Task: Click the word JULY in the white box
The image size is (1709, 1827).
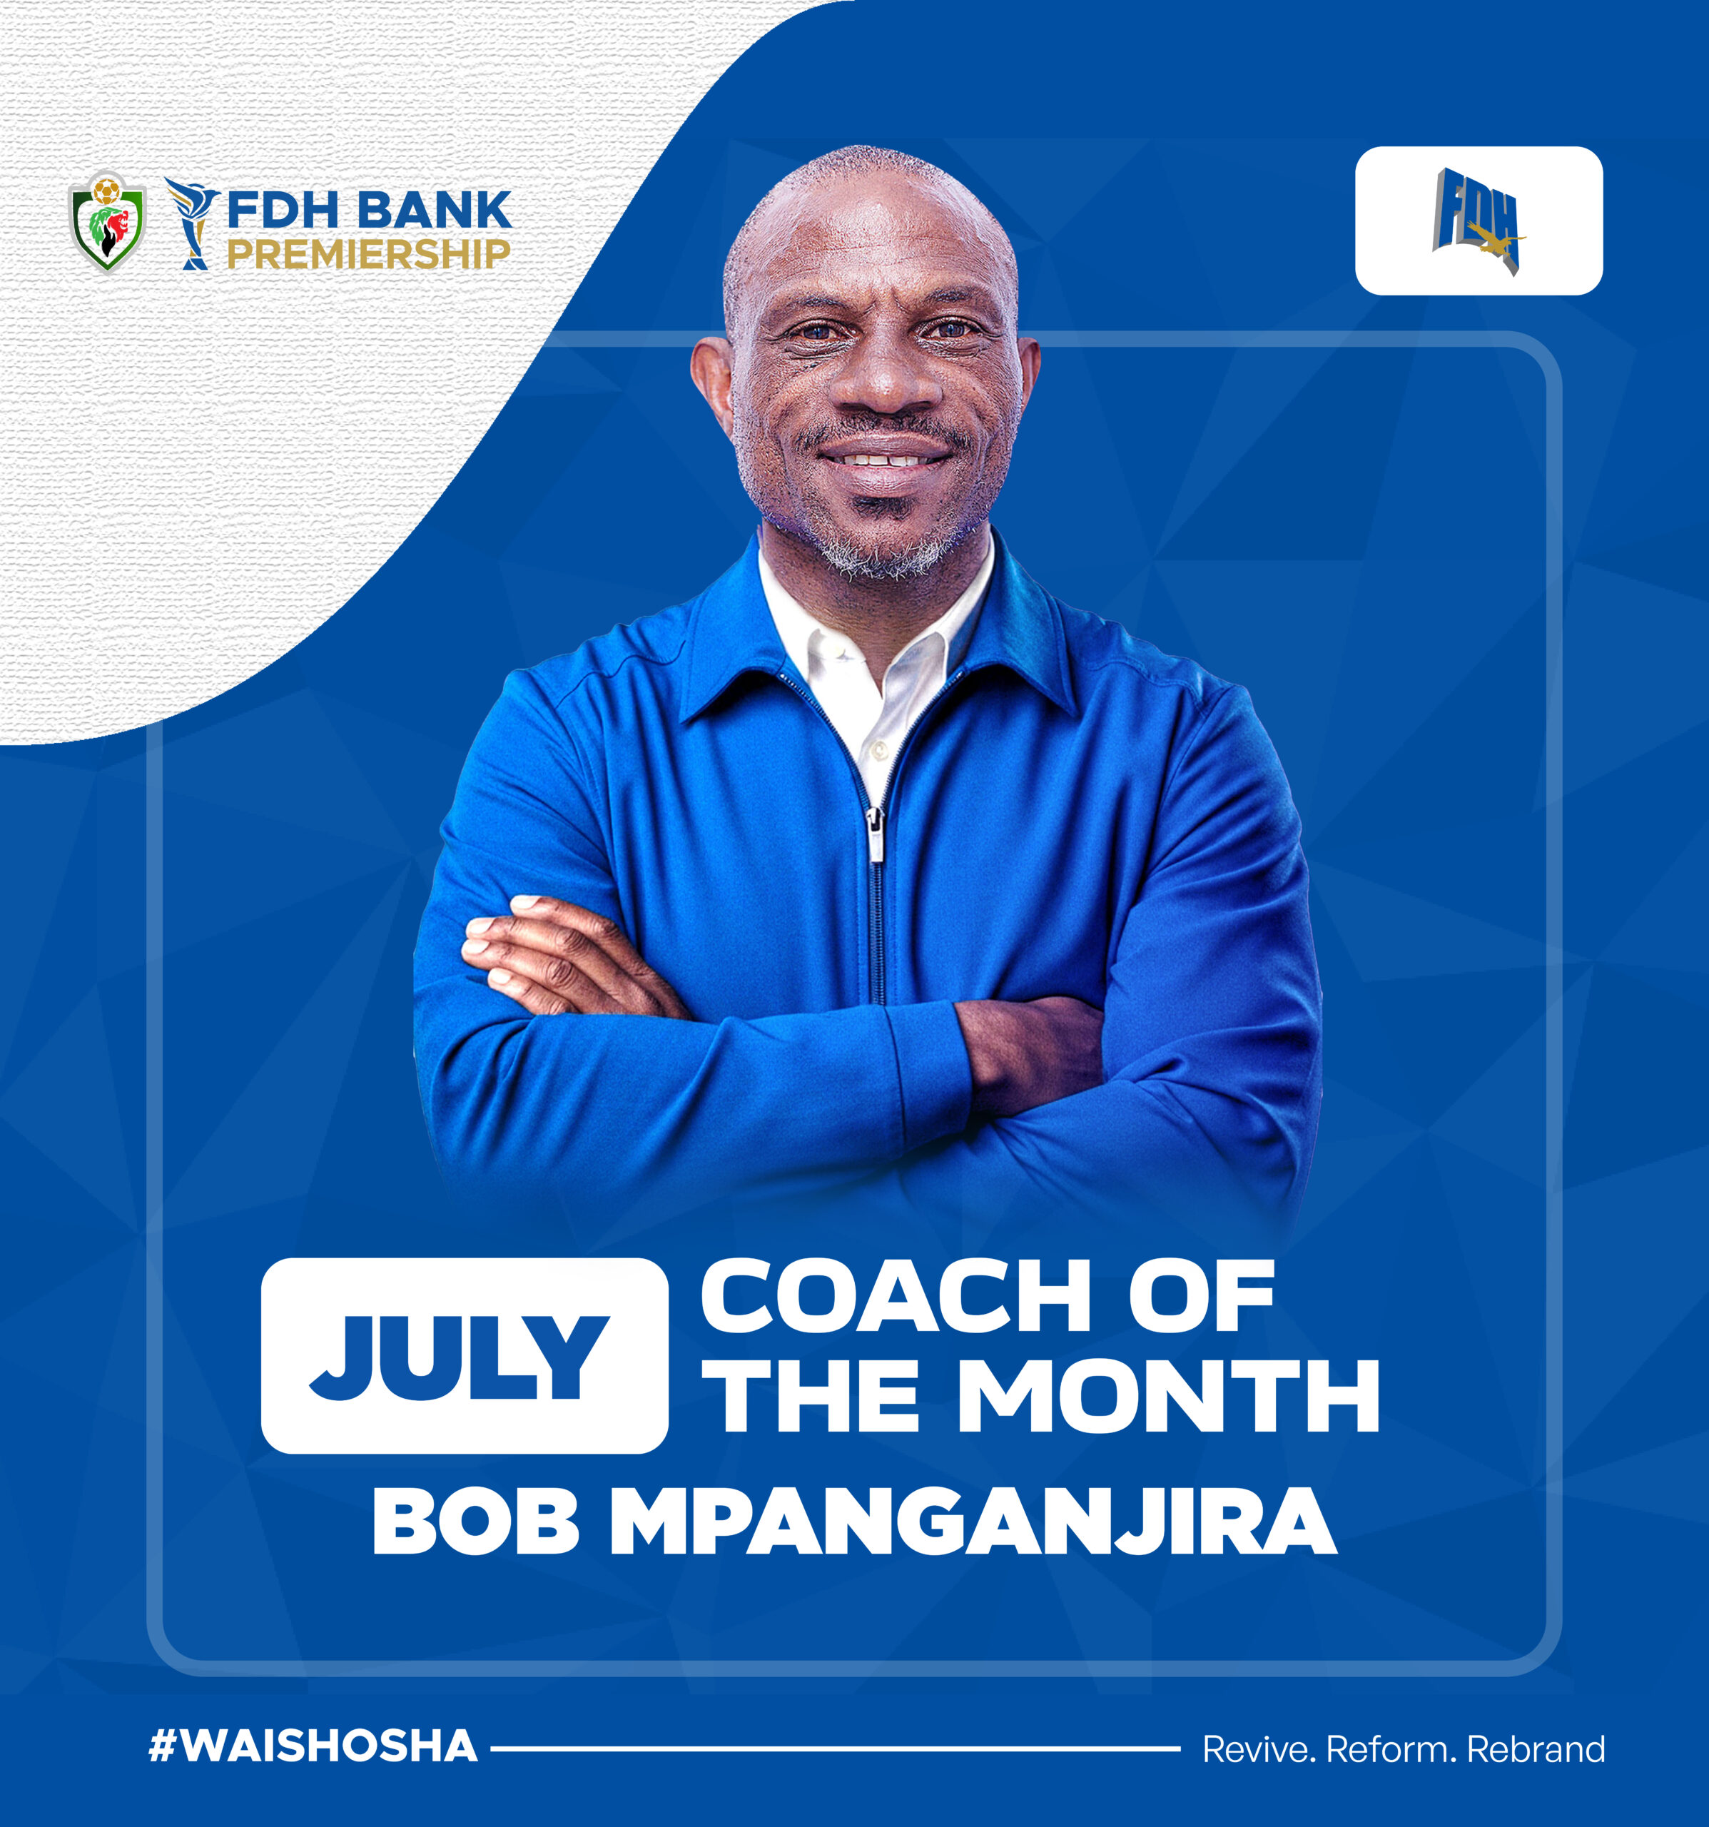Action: (460, 1357)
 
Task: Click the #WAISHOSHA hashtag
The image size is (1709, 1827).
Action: (313, 1746)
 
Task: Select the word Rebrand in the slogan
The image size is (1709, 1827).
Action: (1536, 1749)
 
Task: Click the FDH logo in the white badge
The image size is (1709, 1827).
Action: (1479, 221)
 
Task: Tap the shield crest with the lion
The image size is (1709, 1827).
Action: (108, 221)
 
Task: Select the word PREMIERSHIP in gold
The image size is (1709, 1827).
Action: (368, 253)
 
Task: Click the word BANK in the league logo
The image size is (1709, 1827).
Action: (435, 211)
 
